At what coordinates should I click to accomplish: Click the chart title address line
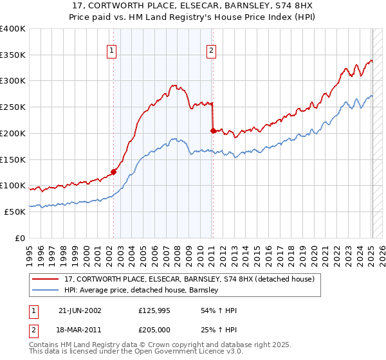(192, 6)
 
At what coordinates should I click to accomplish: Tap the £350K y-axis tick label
(13, 55)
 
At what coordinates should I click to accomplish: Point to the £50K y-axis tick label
(15, 212)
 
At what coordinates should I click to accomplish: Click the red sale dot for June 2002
(114, 172)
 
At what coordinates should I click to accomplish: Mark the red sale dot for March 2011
(213, 130)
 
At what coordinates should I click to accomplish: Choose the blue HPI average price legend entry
(142, 290)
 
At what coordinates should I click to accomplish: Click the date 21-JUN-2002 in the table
(80, 310)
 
